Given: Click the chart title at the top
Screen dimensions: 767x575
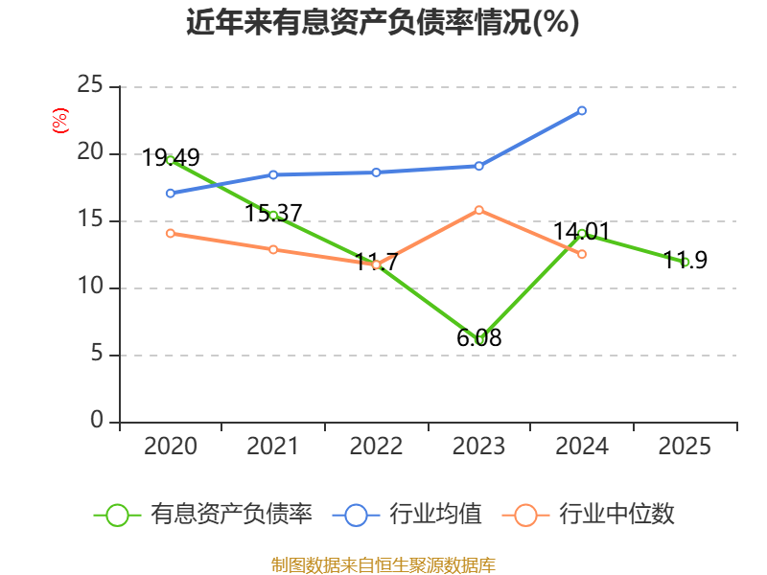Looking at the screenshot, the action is (x=383, y=22).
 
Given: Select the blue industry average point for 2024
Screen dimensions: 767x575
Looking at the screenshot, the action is (x=582, y=111).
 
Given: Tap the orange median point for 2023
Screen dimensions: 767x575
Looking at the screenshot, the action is (x=478, y=210).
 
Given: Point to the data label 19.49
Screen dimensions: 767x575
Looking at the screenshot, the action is (x=171, y=157).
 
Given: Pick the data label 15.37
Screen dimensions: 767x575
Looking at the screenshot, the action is (x=273, y=213).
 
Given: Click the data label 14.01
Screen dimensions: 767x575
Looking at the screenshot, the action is (x=582, y=231).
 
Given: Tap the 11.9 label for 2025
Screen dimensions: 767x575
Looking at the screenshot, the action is (x=685, y=259).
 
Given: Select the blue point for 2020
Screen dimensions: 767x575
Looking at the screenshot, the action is (x=171, y=194).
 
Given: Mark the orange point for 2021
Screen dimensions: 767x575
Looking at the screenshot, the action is (x=273, y=250).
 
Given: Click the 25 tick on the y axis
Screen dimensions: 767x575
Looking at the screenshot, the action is (x=90, y=85).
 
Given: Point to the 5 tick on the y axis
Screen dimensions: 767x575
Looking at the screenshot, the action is (x=97, y=353).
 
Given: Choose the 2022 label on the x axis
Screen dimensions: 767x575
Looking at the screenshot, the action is (x=376, y=446).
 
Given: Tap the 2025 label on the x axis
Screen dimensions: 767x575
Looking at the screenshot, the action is (x=685, y=446).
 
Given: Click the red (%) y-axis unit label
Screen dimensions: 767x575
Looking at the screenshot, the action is (x=60, y=121).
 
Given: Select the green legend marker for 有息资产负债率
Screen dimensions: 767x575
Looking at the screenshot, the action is (x=117, y=516).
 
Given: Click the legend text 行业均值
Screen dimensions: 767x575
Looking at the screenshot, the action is (x=435, y=514).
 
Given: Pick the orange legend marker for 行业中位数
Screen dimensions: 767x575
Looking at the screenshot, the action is (x=525, y=516).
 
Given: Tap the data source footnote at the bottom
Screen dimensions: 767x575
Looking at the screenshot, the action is (x=383, y=565).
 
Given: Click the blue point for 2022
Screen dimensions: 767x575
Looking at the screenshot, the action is (x=376, y=172).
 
